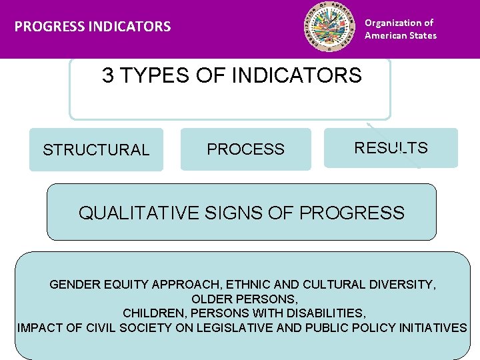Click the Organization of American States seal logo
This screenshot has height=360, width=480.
click(x=329, y=29)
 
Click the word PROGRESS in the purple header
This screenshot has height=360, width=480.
click(x=45, y=27)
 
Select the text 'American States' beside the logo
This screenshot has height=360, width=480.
click(x=400, y=35)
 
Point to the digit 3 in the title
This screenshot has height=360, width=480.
click(x=107, y=75)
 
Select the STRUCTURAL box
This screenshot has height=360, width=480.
click(x=96, y=150)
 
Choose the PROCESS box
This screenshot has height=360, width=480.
click(x=245, y=149)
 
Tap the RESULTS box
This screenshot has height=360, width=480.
click(x=391, y=148)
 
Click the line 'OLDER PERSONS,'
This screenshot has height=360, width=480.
click(x=244, y=299)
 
